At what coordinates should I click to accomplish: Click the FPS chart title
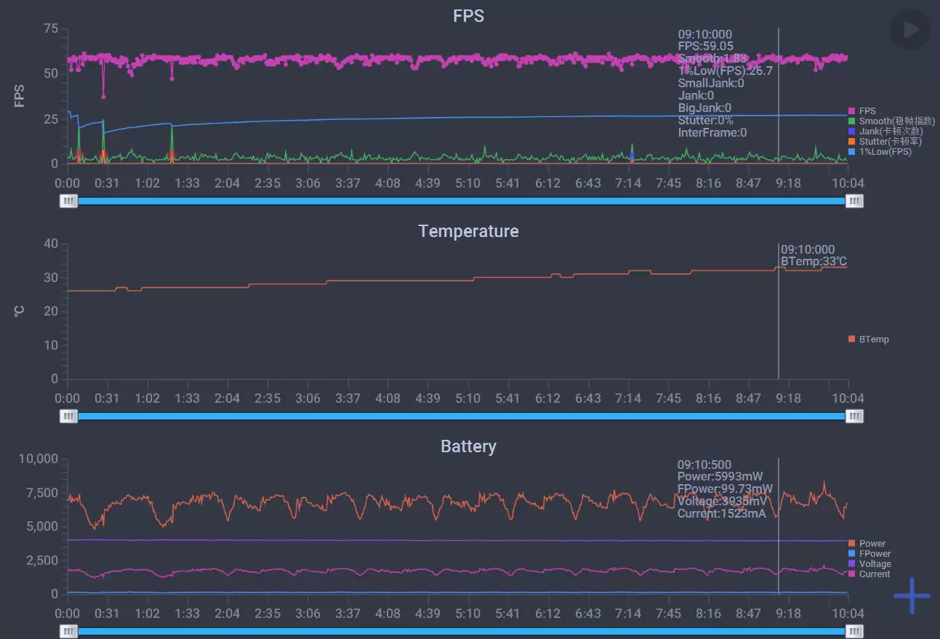tap(468, 16)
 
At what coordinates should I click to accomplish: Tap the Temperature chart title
tap(468, 231)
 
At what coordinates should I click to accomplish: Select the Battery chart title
tap(468, 446)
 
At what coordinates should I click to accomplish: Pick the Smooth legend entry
tap(896, 121)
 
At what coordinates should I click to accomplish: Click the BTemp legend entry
tap(873, 339)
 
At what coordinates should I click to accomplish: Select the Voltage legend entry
tap(874, 564)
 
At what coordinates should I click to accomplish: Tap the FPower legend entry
tap(874, 554)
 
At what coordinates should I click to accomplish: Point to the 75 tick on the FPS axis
tap(51, 28)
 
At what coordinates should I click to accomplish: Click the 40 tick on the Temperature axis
tap(51, 244)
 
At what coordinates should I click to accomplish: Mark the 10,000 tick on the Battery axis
tap(38, 459)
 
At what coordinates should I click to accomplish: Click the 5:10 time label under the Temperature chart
tap(468, 398)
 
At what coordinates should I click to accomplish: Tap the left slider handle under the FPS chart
tap(68, 201)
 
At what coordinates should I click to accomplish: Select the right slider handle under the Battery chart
tap(855, 631)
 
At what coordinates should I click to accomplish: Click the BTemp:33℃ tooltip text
tap(814, 262)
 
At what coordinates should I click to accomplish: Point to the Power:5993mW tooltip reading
tap(720, 477)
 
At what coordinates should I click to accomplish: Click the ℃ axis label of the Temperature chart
tap(20, 311)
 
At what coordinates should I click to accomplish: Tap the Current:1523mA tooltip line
tap(721, 514)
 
